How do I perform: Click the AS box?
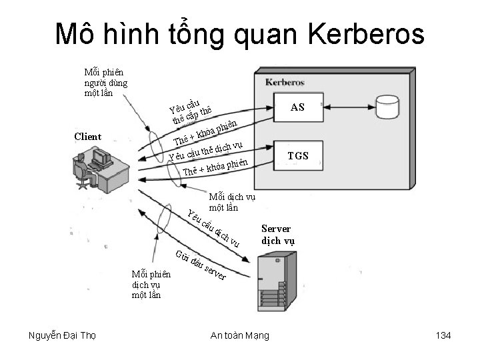tap(297, 106)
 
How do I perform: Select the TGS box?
tap(297, 155)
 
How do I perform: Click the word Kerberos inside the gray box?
tap(285, 83)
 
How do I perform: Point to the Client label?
tap(88, 137)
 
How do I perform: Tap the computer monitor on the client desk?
tap(101, 158)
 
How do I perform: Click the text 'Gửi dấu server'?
tap(201, 265)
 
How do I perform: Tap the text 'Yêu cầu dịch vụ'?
tap(213, 229)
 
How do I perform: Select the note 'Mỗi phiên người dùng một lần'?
tap(105, 82)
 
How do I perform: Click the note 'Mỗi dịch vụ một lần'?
tap(232, 202)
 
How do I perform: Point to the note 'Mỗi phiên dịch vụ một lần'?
tap(151, 284)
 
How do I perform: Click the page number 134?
tap(443, 335)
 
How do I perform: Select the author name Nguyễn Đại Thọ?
tap(63, 335)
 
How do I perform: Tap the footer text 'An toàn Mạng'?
tap(239, 335)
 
